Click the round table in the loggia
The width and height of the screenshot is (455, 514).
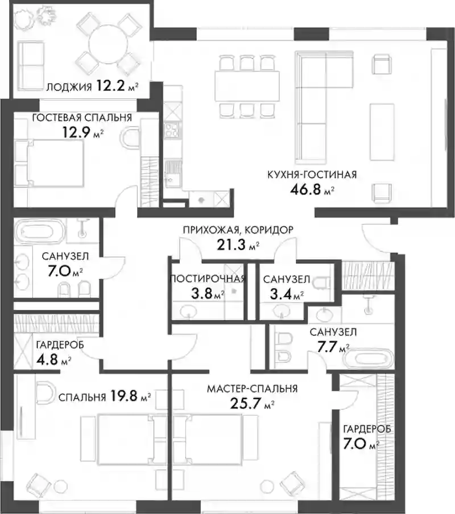point(109,44)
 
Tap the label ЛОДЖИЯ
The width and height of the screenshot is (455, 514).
point(69,88)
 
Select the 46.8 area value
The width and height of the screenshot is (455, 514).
point(305,189)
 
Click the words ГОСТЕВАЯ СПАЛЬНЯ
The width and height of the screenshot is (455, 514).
point(82,117)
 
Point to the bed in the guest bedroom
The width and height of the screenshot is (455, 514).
point(55,163)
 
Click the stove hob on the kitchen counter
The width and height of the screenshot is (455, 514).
point(173,129)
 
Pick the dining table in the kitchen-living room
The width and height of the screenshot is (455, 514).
point(247,86)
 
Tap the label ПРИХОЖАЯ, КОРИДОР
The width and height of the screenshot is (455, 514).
point(238,230)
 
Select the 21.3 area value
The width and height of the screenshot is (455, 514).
point(231,244)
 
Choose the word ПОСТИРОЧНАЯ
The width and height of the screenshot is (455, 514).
point(208,279)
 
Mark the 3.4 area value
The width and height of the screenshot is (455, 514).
point(280,294)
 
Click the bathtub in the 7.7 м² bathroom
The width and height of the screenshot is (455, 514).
point(368,358)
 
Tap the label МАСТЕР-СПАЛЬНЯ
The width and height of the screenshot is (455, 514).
point(253,389)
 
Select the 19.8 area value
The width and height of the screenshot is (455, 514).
point(123,396)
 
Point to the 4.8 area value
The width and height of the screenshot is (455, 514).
point(47,360)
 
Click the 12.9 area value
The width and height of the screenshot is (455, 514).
point(76,132)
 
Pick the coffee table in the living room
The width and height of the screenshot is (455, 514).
point(382,132)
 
